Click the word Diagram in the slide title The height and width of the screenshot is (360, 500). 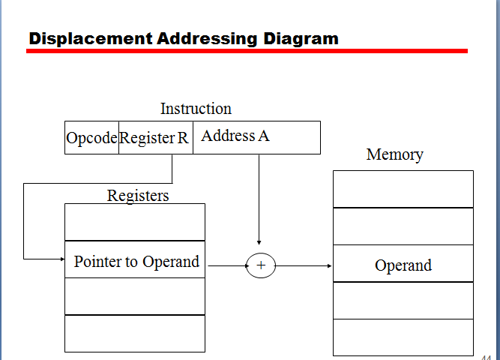[x=301, y=38]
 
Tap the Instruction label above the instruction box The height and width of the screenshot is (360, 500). [x=196, y=109]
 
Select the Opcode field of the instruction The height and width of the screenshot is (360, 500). [x=91, y=138]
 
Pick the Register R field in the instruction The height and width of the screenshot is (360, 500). [x=154, y=138]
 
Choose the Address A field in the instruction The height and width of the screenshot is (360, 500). [x=235, y=136]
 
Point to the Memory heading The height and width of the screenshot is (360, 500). [x=394, y=154]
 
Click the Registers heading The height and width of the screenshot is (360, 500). [x=138, y=196]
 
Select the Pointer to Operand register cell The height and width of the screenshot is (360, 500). [x=136, y=262]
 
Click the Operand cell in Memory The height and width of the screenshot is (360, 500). [x=403, y=265]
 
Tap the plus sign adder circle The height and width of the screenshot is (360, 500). [x=261, y=265]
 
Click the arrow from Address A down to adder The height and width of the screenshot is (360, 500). [x=259, y=199]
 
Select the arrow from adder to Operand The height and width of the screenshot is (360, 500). [x=304, y=265]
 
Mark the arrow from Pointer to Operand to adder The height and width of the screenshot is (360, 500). [x=226, y=265]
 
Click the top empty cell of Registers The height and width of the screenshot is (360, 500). [x=135, y=222]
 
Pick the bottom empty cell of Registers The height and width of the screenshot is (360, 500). [x=135, y=334]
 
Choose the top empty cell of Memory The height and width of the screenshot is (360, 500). [x=403, y=189]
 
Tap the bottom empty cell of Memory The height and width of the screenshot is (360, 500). [x=403, y=337]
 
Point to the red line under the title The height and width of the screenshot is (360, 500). [x=247, y=51]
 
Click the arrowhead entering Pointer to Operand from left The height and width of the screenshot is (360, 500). [x=61, y=259]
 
